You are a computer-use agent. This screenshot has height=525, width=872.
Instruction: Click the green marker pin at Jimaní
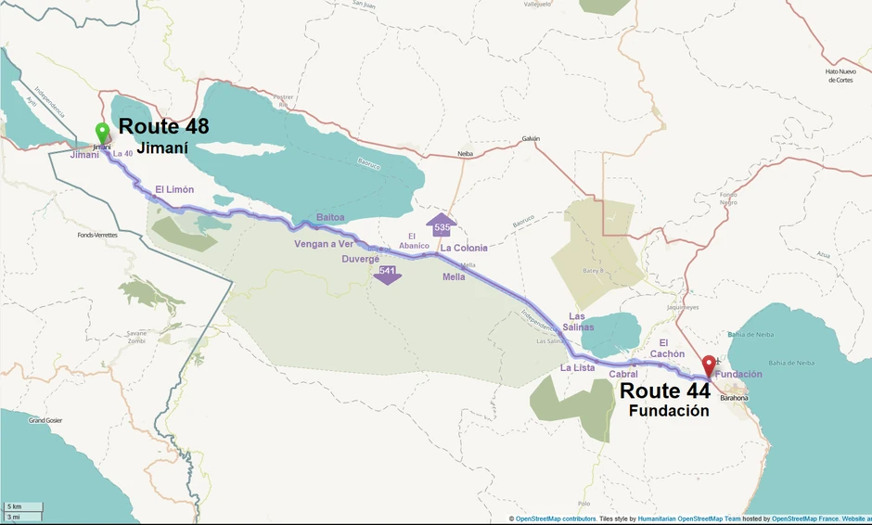(x=102, y=134)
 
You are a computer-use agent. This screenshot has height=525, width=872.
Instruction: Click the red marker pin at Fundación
(x=709, y=365)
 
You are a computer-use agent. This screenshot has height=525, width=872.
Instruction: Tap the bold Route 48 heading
(x=164, y=127)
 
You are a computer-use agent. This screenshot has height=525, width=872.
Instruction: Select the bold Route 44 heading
(x=665, y=391)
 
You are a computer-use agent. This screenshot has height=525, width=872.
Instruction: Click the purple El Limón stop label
(x=174, y=189)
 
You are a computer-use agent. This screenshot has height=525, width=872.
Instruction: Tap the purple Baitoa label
(x=330, y=217)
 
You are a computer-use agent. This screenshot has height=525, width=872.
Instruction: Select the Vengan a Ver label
(x=325, y=244)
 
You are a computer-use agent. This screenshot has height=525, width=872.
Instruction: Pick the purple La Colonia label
(x=464, y=248)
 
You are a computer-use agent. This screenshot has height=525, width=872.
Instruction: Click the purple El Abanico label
(x=414, y=240)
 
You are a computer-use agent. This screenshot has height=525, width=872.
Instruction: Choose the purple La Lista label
(x=577, y=368)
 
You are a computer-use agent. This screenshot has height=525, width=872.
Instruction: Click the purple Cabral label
(x=623, y=374)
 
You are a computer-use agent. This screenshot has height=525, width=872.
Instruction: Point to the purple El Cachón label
(x=666, y=348)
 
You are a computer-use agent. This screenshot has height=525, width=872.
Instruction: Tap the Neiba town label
(x=465, y=154)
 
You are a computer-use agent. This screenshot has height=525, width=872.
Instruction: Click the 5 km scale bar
(x=22, y=506)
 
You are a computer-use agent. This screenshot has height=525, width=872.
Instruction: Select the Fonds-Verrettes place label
(x=97, y=235)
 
